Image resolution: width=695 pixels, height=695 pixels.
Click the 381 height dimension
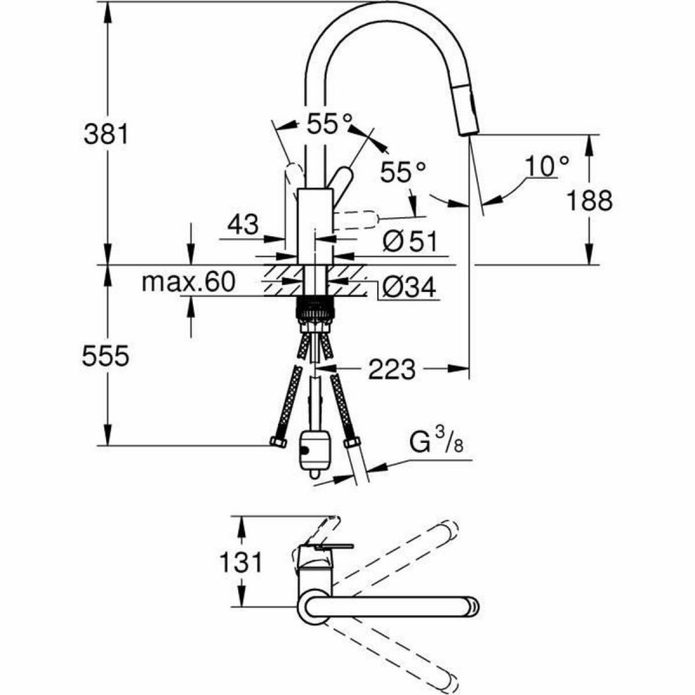tap(106, 135)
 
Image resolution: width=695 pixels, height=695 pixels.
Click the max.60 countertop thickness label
tap(189, 281)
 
